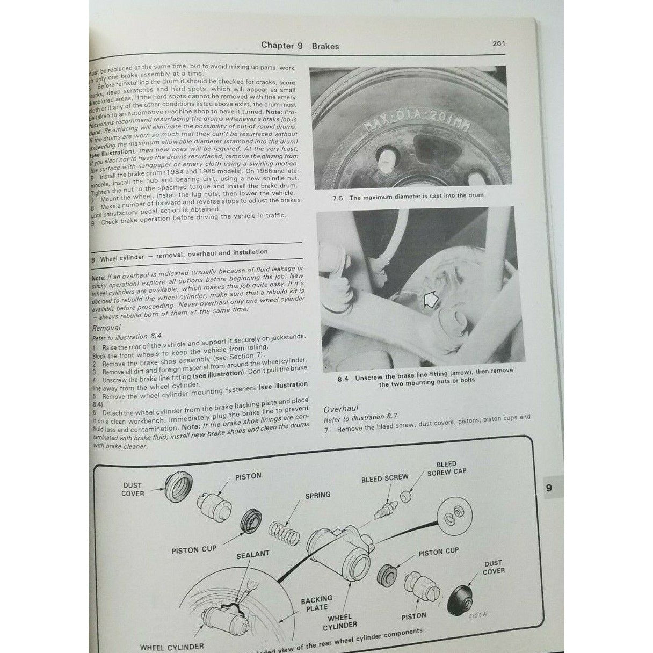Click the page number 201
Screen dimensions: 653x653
(x=498, y=43)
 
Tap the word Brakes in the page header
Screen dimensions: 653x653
(x=325, y=46)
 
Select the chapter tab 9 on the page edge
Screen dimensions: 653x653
(x=548, y=488)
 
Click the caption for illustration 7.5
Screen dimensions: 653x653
(x=408, y=197)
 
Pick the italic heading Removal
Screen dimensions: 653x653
(x=106, y=327)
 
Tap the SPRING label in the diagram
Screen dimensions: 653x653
(x=317, y=495)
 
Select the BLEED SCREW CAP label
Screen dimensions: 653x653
(x=446, y=468)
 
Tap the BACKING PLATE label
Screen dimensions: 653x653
(x=316, y=603)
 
